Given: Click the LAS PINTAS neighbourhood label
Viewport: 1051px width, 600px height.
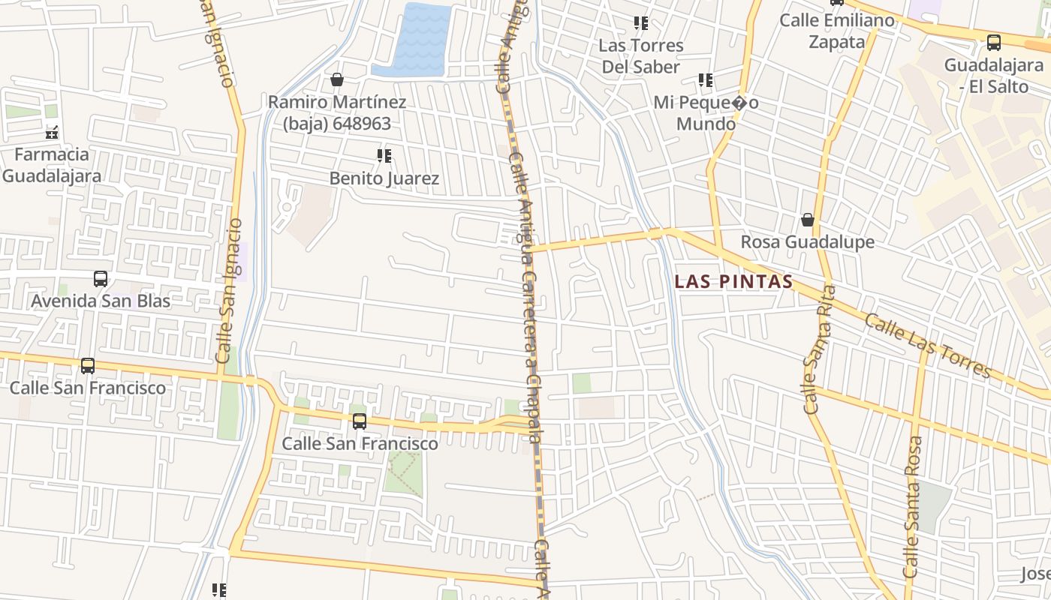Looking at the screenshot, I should coord(733,281).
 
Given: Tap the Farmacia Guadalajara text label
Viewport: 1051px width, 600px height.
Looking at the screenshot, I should coord(51,165).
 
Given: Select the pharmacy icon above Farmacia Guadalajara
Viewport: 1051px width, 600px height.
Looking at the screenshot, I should coord(51,133).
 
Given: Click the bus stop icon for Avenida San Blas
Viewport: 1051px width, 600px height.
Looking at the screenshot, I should coord(101,279).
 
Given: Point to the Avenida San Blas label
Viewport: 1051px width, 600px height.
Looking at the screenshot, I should coord(101,301).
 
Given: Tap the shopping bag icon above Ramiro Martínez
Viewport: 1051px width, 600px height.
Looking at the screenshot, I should coord(337,79).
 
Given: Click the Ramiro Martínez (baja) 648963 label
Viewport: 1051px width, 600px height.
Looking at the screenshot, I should coord(337,112).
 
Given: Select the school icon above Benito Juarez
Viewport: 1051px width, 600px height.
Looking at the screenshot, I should coord(384,156).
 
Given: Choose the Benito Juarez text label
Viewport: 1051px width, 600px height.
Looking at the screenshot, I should coord(384,178).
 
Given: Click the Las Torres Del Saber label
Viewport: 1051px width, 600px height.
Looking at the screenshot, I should coord(640,56).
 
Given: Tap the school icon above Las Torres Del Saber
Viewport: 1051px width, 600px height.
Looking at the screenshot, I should coord(640,23).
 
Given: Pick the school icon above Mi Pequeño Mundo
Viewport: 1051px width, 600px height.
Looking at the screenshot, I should coord(705,79).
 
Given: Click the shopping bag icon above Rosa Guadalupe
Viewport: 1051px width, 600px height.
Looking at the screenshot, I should coord(807,220).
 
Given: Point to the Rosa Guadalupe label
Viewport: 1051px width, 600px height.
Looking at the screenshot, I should coord(807,242).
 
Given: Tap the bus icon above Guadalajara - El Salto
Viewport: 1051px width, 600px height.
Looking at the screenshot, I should coord(994,43).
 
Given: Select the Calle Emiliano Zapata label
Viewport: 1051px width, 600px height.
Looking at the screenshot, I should coord(836,31).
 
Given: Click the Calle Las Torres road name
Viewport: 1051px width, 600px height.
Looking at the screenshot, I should coord(928,346).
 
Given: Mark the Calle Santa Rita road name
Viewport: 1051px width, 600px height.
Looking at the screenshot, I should coord(818,349).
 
